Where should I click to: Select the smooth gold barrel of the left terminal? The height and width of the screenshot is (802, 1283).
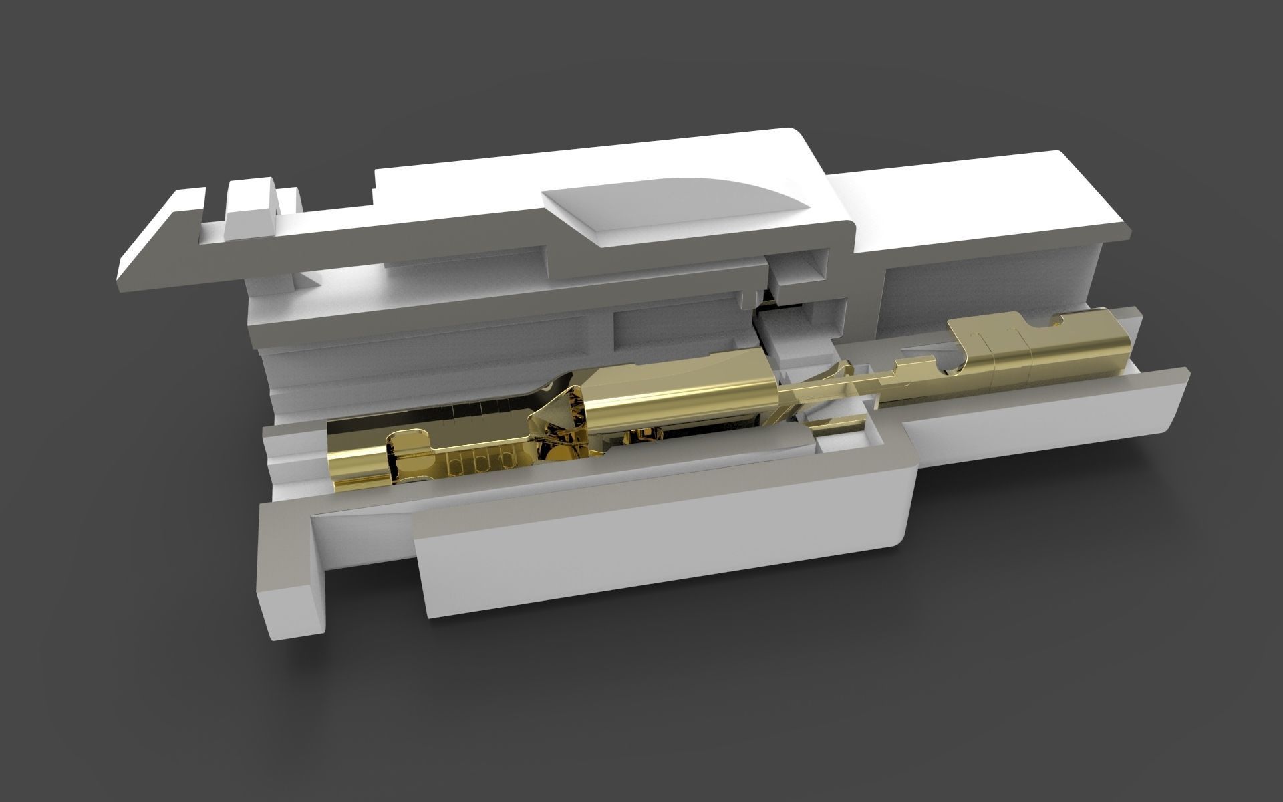(675, 394)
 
